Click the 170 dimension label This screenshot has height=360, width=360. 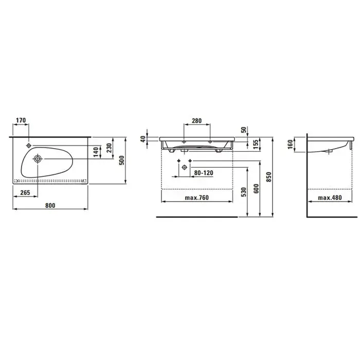[x=21, y=120]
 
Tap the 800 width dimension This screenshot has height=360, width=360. [x=50, y=205]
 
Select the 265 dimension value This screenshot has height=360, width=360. [x=25, y=192]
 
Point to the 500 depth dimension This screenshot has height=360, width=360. [x=122, y=160]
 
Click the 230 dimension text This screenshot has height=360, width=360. [x=109, y=148]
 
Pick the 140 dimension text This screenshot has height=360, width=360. [x=96, y=152]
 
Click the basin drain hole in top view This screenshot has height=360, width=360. [x=38, y=158]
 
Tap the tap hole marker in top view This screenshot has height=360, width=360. [x=29, y=146]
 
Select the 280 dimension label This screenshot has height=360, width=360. [x=197, y=120]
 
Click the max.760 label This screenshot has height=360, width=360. [x=197, y=197]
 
